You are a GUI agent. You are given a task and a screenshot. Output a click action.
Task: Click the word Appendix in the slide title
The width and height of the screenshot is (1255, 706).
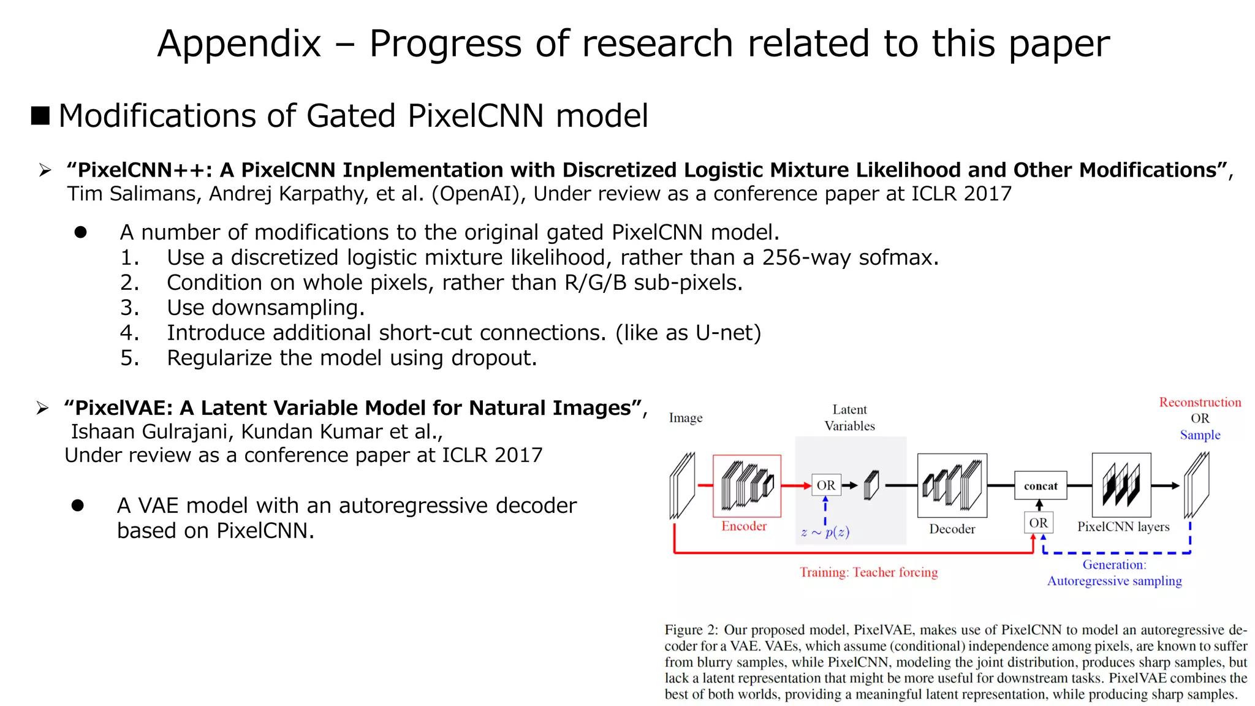(239, 44)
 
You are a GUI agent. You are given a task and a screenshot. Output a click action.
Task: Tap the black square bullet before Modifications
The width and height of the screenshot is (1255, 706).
(40, 115)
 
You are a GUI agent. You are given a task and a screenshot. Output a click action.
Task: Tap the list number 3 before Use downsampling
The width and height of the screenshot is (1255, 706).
(129, 308)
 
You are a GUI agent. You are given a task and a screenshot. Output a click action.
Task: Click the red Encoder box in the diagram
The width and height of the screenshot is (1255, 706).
(746, 486)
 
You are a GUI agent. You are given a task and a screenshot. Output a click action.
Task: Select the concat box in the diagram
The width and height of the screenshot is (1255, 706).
(1041, 486)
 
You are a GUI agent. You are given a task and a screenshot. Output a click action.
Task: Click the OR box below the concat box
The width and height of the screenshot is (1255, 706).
(1038, 523)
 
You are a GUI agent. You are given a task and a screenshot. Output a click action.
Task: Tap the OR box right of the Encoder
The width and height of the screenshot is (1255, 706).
(826, 485)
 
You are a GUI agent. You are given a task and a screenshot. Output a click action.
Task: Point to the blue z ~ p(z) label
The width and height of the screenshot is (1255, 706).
(825, 532)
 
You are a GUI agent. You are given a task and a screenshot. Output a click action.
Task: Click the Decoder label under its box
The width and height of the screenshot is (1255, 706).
(952, 529)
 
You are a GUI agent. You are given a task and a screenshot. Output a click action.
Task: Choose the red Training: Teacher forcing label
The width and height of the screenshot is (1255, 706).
(868, 572)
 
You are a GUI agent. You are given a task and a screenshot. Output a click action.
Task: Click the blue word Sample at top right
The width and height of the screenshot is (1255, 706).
(1200, 435)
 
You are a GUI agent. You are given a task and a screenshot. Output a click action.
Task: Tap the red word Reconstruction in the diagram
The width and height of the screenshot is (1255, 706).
(1200, 403)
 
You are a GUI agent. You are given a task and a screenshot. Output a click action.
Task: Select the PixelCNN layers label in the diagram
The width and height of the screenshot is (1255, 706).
(1123, 526)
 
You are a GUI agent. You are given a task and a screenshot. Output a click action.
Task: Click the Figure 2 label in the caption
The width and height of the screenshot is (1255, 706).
(691, 630)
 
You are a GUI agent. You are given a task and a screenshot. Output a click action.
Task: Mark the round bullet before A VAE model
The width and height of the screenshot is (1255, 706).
(78, 506)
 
